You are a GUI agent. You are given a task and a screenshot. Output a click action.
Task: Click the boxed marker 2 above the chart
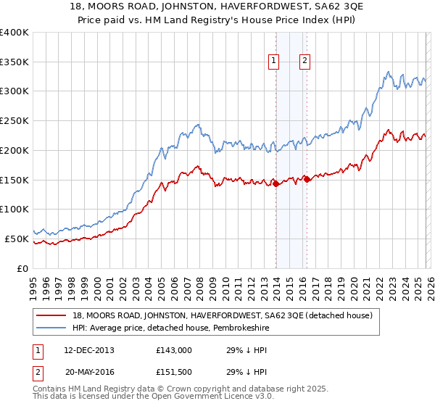pyautogui.click(x=304, y=62)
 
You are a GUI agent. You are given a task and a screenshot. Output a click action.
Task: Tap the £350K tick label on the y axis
pyautogui.click(x=14, y=62)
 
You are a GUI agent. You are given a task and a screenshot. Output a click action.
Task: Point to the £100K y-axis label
pyautogui.click(x=14, y=210)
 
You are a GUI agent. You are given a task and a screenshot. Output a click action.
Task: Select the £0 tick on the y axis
pyautogui.click(x=23, y=268)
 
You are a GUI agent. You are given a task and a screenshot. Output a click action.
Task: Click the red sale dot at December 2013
pyautogui.click(x=276, y=184)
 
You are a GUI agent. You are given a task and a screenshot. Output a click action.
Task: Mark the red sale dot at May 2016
pyautogui.click(x=307, y=179)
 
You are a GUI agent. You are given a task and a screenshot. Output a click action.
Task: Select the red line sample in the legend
pyautogui.click(x=51, y=315)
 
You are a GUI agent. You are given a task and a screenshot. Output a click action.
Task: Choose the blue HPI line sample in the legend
pyautogui.click(x=51, y=328)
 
